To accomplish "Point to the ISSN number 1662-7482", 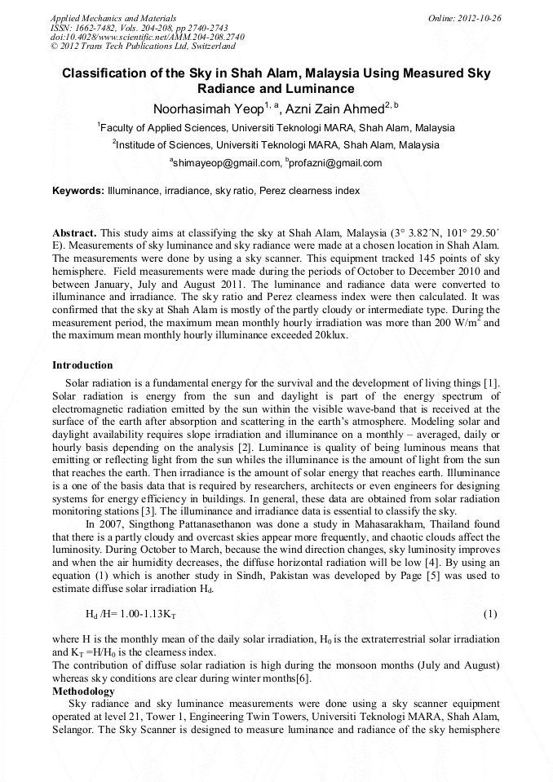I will coord(97,27).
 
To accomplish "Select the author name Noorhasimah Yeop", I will coord(207,108).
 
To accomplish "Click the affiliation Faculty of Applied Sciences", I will coord(163,128).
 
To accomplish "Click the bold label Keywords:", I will coord(78,191).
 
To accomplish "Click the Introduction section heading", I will coord(82,365).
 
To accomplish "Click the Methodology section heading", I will coord(83,691).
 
